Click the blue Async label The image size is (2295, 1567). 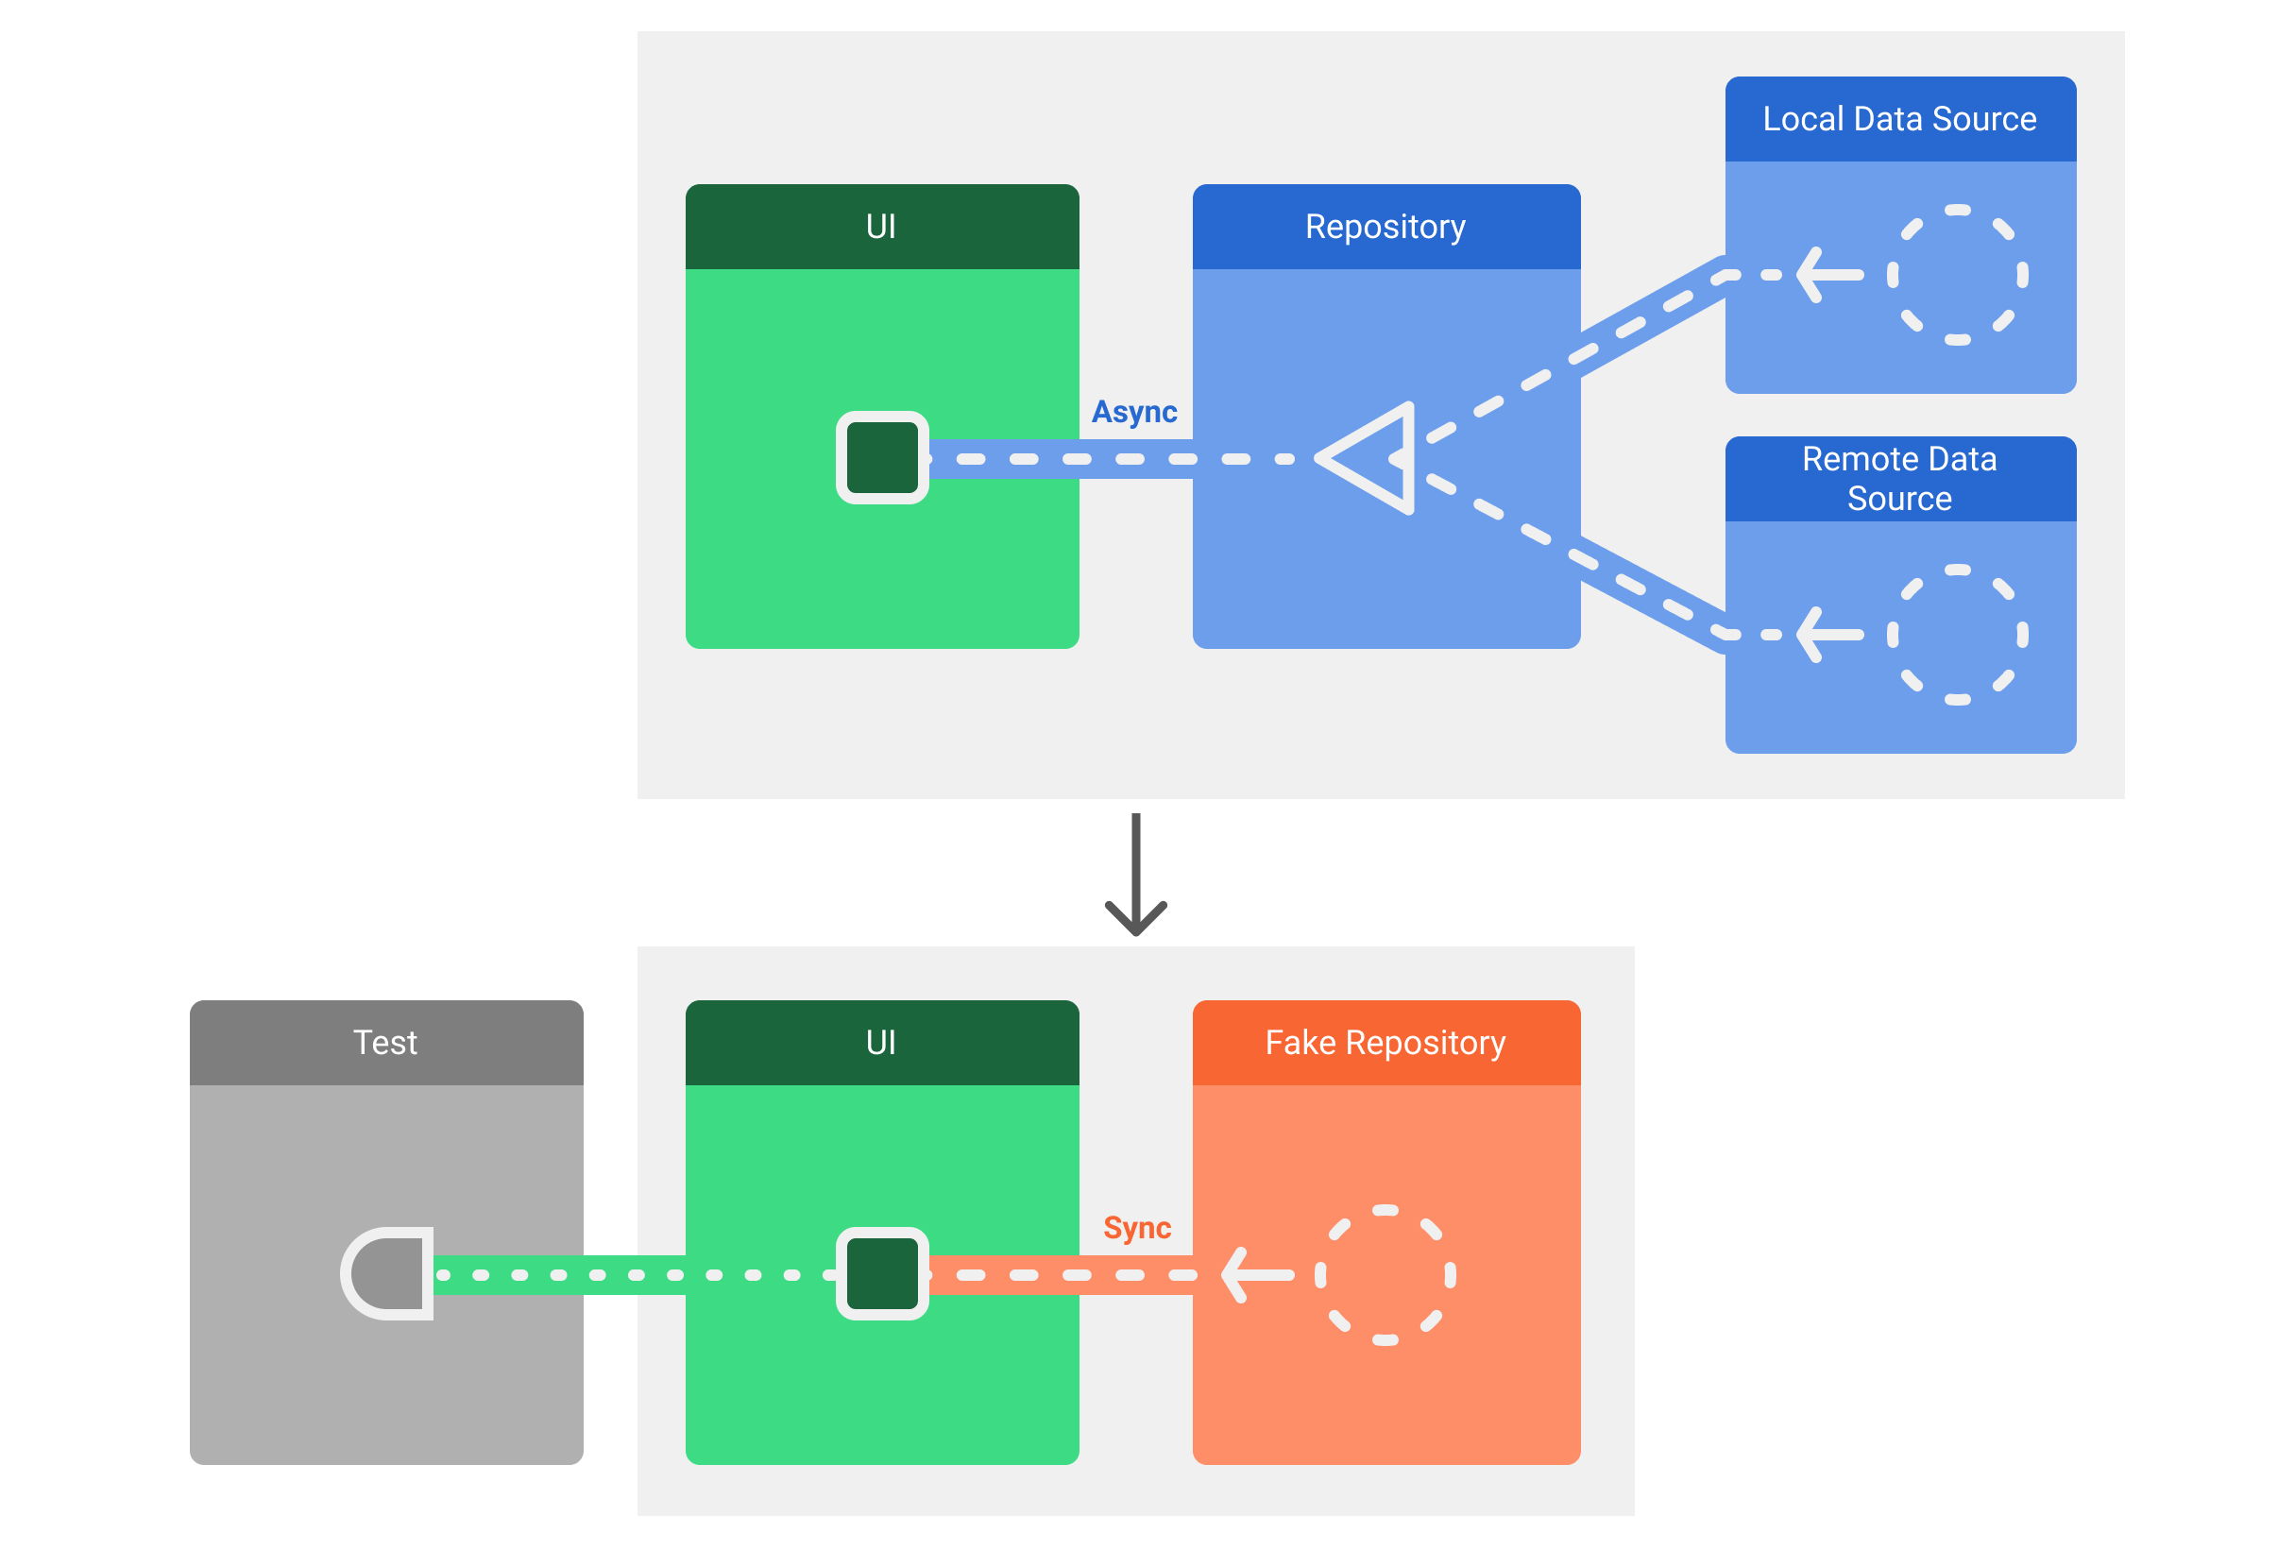1133,411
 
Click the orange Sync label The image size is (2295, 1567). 1136,1227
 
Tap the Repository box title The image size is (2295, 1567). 1385,226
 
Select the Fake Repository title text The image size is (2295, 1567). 1385,1043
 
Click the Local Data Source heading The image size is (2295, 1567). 1899,118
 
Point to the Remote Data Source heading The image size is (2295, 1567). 1899,479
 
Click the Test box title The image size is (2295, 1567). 385,1043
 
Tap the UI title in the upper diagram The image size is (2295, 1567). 881,226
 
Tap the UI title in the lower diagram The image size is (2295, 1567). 881,1043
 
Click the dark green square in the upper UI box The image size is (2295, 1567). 882,458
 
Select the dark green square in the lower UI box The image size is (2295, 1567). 882,1274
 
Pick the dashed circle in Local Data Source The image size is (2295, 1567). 1956,275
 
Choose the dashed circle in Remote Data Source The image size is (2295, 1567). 1956,634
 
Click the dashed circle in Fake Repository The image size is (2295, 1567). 1385,1275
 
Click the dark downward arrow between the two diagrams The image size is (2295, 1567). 1135,875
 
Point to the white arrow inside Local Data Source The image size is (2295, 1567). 1828,275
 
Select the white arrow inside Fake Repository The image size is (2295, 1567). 1256,1275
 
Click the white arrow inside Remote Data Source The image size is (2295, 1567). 1828,634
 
